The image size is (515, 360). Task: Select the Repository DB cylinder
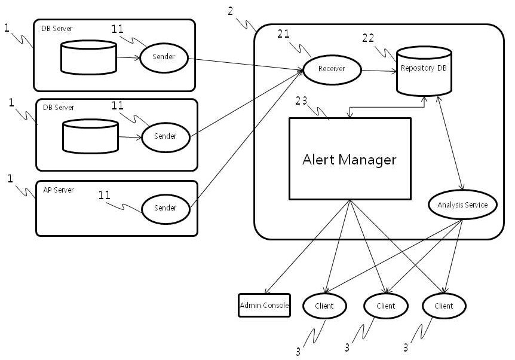(424, 70)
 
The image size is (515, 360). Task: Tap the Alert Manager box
(350, 159)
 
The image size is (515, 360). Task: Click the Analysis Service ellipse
(462, 205)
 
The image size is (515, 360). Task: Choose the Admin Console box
(264, 306)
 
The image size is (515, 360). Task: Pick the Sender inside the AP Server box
(165, 208)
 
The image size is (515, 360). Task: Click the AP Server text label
(59, 190)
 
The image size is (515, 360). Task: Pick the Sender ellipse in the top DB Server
(164, 58)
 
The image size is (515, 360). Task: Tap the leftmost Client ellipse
(325, 306)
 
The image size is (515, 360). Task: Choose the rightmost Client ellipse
(444, 306)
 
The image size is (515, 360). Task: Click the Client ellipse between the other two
(386, 306)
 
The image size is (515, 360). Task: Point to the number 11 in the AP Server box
(105, 195)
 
